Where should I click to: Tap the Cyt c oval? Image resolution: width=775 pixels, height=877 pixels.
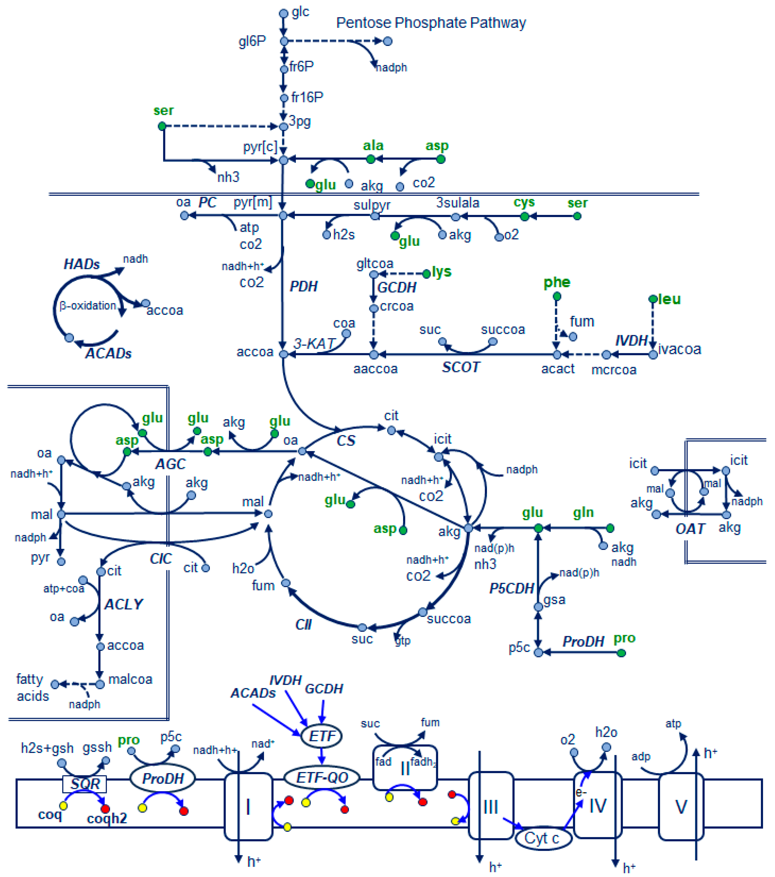[x=543, y=838]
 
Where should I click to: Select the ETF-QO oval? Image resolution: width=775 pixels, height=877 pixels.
[x=321, y=777]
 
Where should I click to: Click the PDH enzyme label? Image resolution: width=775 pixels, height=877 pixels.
[x=303, y=286]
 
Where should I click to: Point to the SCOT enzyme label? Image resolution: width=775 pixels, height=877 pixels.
[x=461, y=367]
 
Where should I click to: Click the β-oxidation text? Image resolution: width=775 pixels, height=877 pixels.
[x=88, y=305]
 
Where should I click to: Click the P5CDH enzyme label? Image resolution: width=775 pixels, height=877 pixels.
[x=511, y=588]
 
